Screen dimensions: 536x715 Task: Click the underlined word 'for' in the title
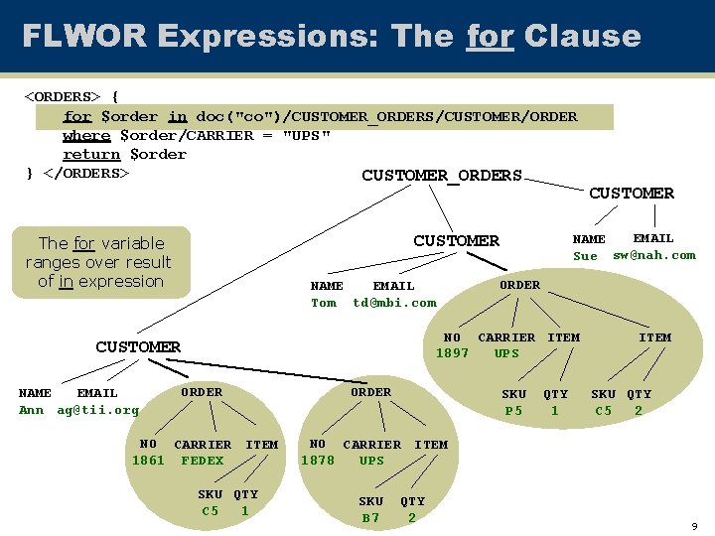490,37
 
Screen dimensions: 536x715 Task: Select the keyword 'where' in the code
86,135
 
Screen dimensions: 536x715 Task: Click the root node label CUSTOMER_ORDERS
441,176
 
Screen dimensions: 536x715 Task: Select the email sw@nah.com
654,255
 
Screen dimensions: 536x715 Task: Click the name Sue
585,256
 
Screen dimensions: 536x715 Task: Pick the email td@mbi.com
394,303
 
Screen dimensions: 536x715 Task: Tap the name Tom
324,303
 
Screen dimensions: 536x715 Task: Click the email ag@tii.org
97,410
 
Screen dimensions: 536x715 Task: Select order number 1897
452,353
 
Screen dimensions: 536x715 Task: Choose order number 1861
148,461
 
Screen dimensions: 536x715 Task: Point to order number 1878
317,461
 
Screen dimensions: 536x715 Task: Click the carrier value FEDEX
202,461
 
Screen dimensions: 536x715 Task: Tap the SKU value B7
370,518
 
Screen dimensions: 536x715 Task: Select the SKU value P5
513,411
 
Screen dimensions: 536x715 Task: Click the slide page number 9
695,526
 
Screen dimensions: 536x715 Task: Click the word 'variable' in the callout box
131,243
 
